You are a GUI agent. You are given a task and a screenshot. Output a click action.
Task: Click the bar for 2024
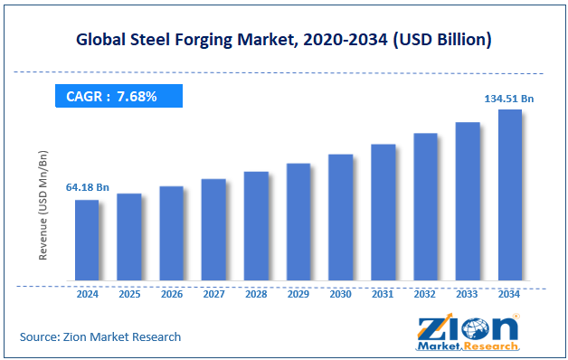pos(86,240)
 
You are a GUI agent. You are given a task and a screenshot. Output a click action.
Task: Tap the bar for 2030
pos(340,217)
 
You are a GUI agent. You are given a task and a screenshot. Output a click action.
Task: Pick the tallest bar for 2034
pos(509,194)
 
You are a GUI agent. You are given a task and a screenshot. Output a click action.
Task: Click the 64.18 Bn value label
pos(86,187)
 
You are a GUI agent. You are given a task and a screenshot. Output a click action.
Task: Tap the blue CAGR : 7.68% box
pos(118,96)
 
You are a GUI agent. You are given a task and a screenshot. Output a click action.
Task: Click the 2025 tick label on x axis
pos(128,294)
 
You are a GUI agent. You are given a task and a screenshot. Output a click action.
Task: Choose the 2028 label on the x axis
pos(256,294)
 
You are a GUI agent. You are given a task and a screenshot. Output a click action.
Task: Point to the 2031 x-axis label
pos(383,294)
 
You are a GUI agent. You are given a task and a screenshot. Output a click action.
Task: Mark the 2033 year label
pos(468,294)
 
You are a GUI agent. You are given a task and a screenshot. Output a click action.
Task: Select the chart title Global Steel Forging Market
pos(283,39)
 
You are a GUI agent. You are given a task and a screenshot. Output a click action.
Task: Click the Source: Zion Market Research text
pos(100,336)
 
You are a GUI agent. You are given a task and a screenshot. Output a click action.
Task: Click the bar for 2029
pos(298,222)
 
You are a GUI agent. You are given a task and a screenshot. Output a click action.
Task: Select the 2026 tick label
pos(171,294)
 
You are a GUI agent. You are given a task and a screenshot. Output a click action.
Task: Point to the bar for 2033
pos(468,201)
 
